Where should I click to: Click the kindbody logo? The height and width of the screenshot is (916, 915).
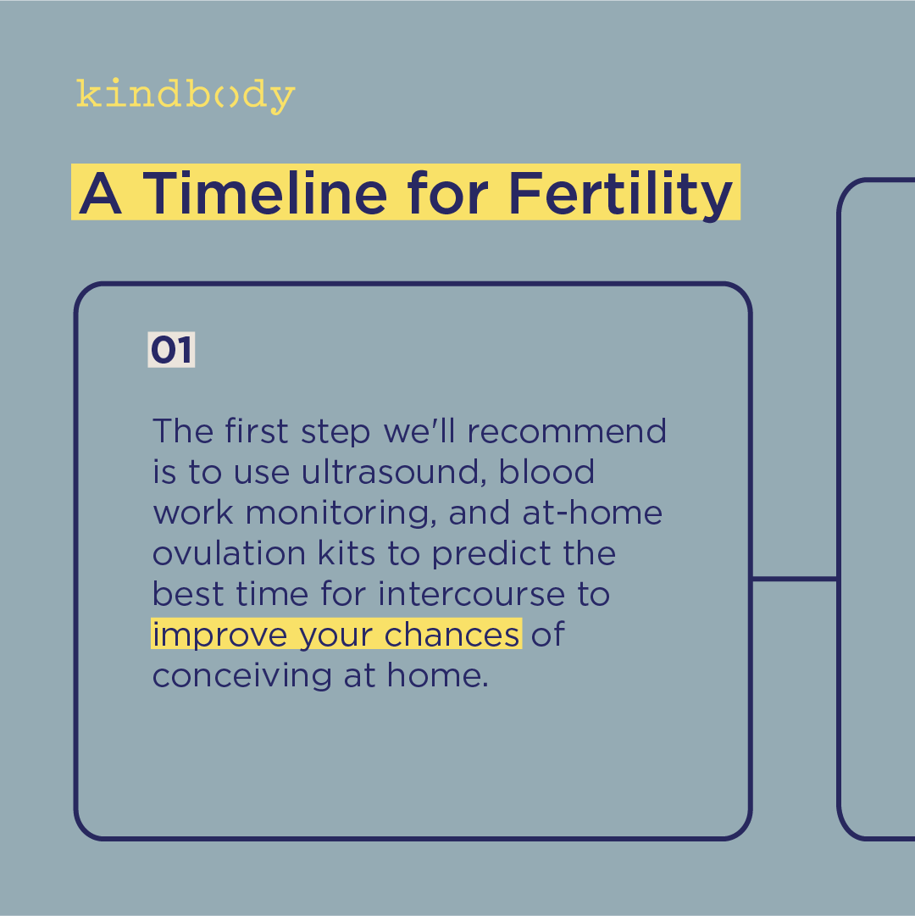point(186,96)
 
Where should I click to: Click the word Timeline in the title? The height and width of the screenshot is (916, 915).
point(265,193)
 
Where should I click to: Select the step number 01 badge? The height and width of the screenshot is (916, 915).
point(171,350)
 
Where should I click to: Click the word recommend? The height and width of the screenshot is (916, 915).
point(567,431)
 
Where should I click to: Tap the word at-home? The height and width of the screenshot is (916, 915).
point(592,513)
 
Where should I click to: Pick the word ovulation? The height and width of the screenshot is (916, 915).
point(229,553)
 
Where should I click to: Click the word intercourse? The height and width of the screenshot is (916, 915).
point(471,594)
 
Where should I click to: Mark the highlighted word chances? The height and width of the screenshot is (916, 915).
point(452,635)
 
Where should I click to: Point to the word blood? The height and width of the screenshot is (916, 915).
point(546,472)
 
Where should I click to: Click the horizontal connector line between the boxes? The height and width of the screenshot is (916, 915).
point(794,579)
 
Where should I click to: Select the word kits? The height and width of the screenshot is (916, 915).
point(347,553)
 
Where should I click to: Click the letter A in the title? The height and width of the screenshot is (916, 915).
point(100,193)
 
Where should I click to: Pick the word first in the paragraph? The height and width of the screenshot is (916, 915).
point(257,431)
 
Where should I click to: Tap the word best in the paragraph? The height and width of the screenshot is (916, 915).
point(188,594)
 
